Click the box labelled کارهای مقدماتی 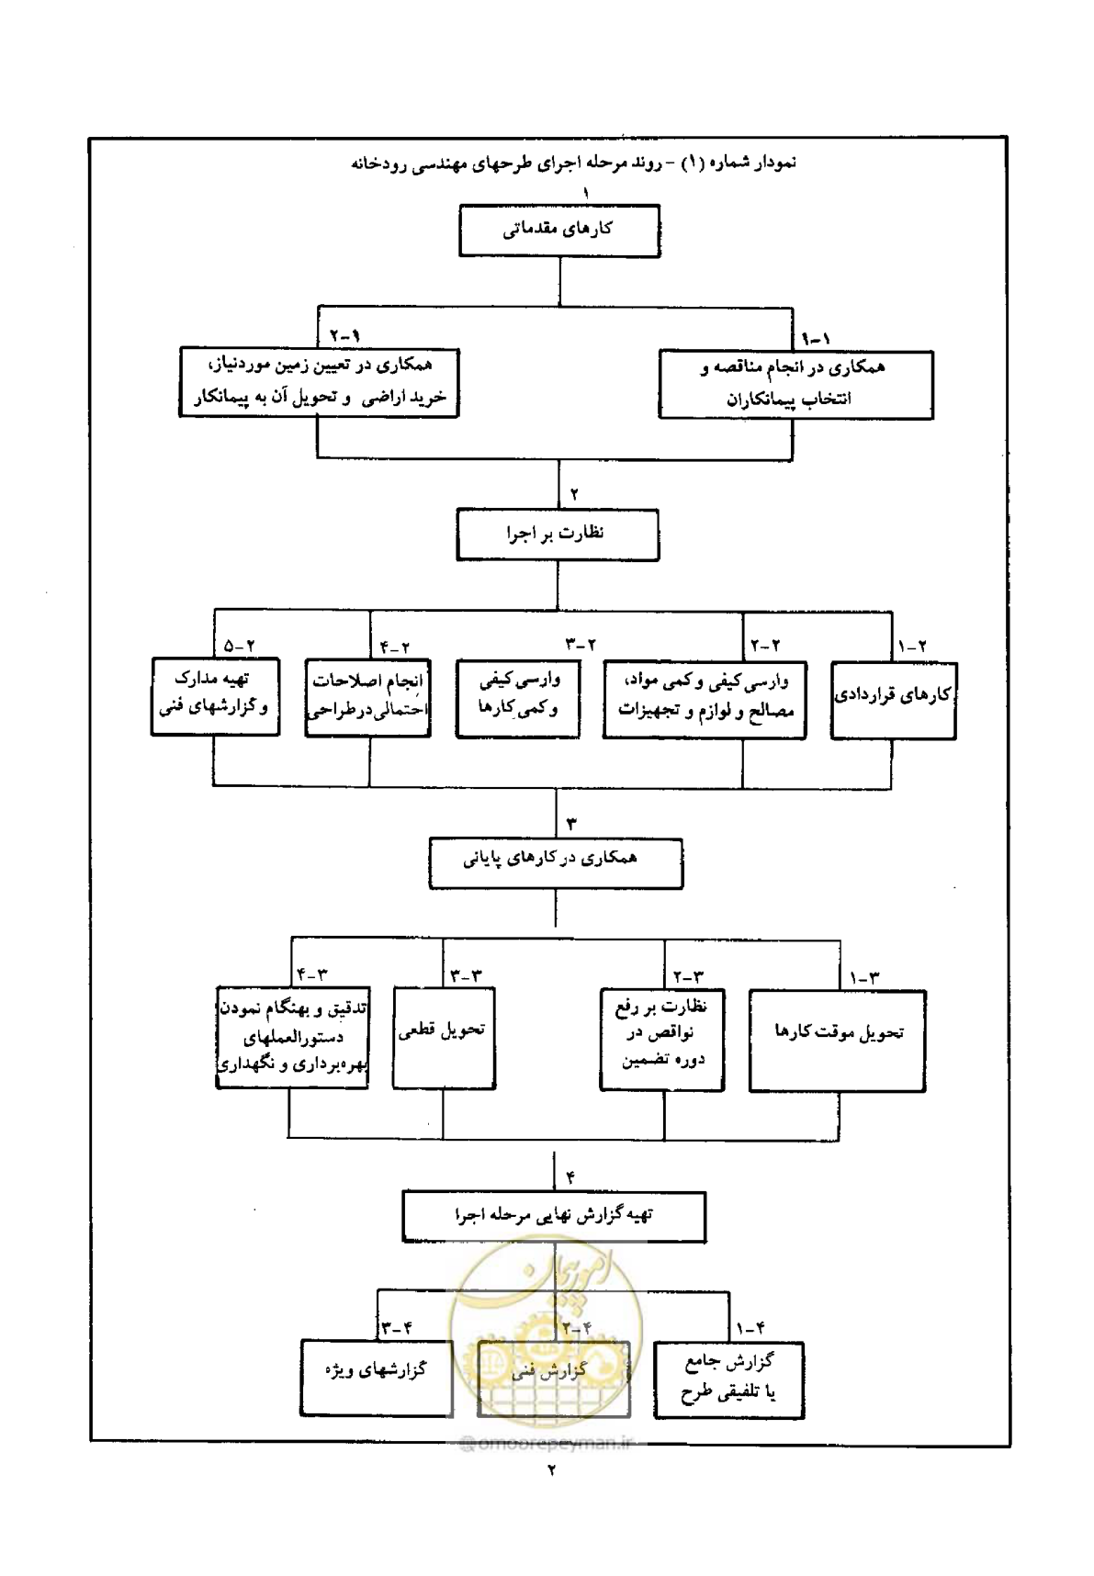[559, 231]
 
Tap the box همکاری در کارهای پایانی [556, 861]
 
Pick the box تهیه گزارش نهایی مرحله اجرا [555, 1217]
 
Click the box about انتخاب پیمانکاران [796, 384]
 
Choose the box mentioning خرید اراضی [319, 382]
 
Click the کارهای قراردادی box [894, 700]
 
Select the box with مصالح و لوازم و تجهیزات [705, 700]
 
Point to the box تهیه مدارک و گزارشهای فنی [216, 696]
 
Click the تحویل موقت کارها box [838, 1041]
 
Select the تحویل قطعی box [445, 1038]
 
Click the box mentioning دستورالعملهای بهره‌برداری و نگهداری [293, 1038]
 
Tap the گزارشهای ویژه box [378, 1378]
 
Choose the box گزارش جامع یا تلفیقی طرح [729, 1380]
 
